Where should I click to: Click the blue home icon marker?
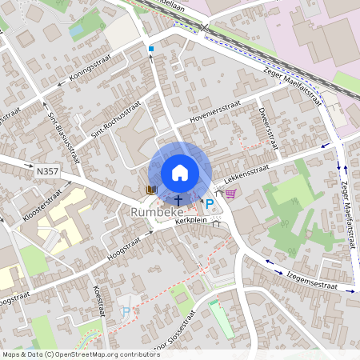point(179,172)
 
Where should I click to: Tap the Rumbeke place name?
point(157,212)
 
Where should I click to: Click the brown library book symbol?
point(150,190)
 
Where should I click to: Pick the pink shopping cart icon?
point(230,193)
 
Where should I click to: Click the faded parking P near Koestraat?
point(125,310)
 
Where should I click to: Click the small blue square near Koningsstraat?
point(150,49)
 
